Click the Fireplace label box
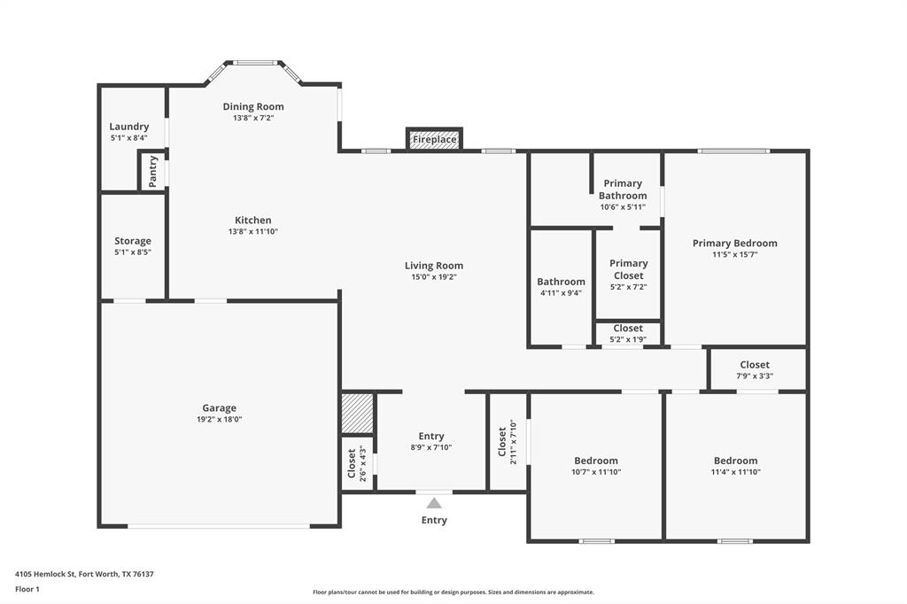point(434,139)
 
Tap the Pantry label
point(152,171)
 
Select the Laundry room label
point(129,127)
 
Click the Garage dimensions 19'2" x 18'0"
point(219,420)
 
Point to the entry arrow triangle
point(434,502)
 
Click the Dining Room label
point(253,106)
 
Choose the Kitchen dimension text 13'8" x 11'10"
point(253,232)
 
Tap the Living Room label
point(434,266)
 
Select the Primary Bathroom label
point(623,190)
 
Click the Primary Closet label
point(629,269)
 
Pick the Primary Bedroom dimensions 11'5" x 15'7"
point(735,255)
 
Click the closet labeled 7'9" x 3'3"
point(755,369)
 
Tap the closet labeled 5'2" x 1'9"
point(628,334)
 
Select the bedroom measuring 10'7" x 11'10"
point(596,466)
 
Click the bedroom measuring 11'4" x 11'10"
point(736,466)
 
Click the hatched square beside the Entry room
point(358,414)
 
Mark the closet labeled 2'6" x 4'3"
point(356,463)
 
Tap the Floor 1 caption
point(27,589)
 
